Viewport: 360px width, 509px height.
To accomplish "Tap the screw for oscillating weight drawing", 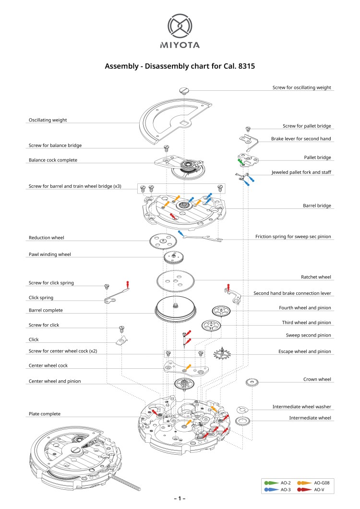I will (x=184, y=90).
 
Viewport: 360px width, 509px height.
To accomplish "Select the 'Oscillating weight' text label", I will (x=48, y=120).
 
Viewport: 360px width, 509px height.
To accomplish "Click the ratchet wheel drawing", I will (x=176, y=279).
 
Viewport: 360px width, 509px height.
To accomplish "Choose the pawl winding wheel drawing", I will (x=173, y=257).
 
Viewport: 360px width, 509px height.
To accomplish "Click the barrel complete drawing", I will (x=176, y=313).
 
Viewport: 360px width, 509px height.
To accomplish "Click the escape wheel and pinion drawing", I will (x=222, y=355).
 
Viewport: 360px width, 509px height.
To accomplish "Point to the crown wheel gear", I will (x=252, y=383).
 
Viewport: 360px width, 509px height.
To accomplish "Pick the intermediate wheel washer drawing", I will (x=244, y=409).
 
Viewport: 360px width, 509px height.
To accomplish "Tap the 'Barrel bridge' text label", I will (x=317, y=206).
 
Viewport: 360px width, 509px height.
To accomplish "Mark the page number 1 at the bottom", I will (x=180, y=499).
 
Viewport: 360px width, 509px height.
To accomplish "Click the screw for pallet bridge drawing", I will (x=248, y=129).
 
